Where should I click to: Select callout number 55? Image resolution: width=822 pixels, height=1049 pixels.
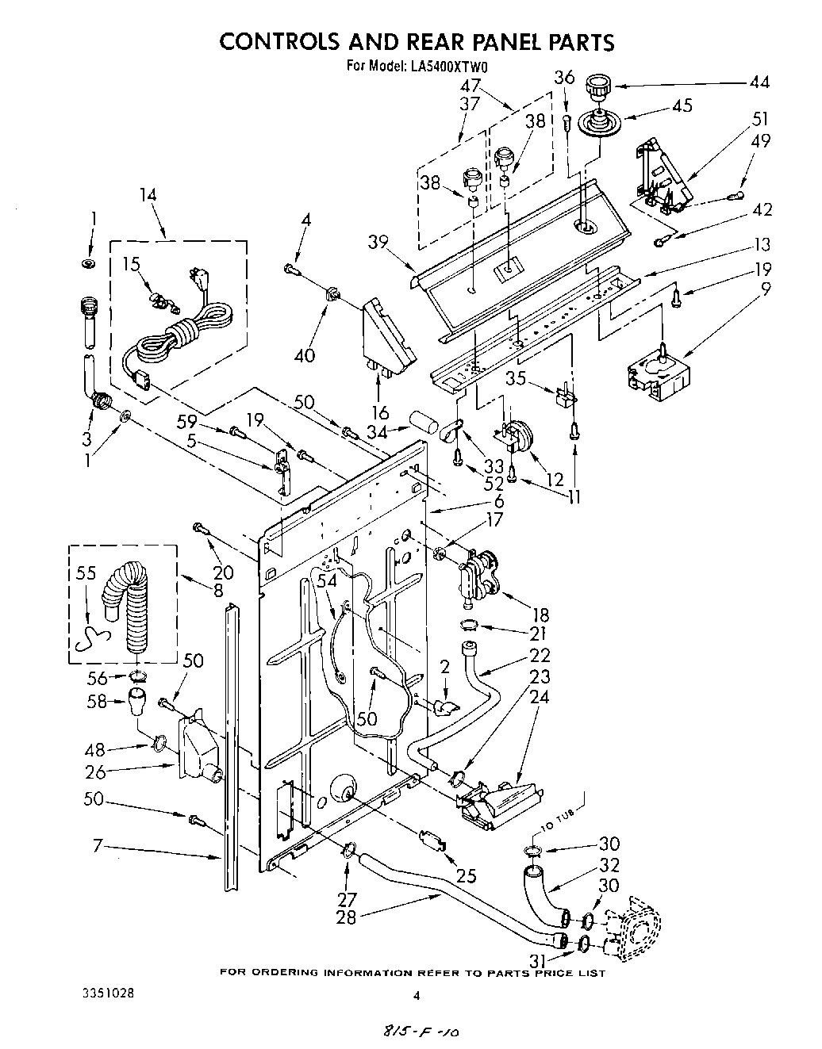86,574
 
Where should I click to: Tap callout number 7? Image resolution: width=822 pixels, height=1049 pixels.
98,847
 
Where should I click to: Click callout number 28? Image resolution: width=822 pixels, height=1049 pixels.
347,917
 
